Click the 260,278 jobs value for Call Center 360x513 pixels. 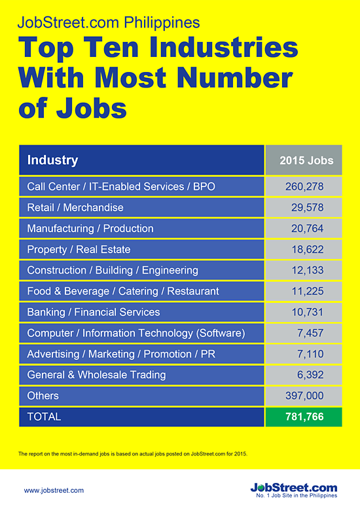(304, 186)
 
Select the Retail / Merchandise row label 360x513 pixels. (75, 207)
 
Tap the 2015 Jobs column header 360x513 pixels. (306, 160)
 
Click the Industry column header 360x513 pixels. (52, 160)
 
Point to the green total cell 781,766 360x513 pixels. (304, 416)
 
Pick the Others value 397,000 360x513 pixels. (304, 395)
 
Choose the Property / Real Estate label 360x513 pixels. (79, 249)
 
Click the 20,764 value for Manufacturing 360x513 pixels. (308, 228)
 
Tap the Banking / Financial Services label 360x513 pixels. (94, 312)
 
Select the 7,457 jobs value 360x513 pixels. (310, 333)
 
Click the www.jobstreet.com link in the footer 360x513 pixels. (54, 490)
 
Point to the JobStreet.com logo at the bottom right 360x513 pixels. (294, 489)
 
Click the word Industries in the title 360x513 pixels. (224, 47)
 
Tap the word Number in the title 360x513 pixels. (234, 77)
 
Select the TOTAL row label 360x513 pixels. (44, 416)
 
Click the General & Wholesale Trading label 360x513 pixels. (97, 374)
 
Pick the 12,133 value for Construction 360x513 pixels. (308, 270)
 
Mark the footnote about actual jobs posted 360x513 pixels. (133, 454)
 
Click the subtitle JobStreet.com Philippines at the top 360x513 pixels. (109, 22)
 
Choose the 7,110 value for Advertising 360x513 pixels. (310, 354)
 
